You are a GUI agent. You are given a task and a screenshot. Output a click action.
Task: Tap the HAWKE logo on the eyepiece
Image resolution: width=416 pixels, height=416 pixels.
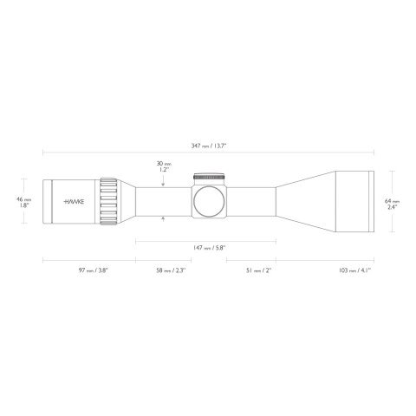click(x=75, y=200)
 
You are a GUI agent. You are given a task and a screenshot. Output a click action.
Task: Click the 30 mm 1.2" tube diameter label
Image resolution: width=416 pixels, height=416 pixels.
click(x=162, y=166)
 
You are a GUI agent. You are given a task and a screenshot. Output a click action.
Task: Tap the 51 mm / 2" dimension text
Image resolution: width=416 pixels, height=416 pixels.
click(x=257, y=270)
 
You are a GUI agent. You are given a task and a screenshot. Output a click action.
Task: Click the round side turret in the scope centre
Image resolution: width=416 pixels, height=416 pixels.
click(x=209, y=200)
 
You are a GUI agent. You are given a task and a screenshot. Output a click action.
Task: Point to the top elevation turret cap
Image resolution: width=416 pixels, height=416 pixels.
click(x=209, y=174)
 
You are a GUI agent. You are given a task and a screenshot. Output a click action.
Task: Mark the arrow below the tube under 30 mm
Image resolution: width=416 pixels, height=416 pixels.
click(x=163, y=218)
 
